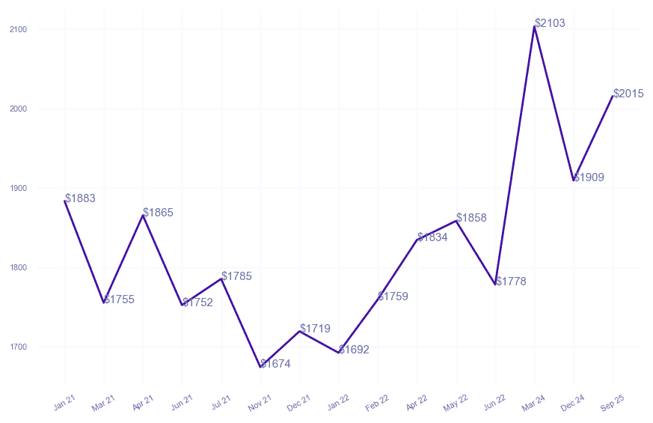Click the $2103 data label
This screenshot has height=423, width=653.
550,23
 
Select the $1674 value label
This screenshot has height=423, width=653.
275,364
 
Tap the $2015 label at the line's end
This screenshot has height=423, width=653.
628,94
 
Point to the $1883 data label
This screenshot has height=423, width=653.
80,198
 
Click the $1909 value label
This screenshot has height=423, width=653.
589,177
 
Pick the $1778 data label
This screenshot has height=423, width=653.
511,282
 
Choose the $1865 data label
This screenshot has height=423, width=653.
158,213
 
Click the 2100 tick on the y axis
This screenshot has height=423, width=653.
19,29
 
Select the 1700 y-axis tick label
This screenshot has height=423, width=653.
19,347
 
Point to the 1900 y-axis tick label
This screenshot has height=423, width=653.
19,188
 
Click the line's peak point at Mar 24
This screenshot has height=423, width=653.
534,26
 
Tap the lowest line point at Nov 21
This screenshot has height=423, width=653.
260,367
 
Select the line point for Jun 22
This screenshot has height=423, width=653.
495,284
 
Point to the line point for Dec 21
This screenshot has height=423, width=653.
299,331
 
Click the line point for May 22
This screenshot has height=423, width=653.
456,221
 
